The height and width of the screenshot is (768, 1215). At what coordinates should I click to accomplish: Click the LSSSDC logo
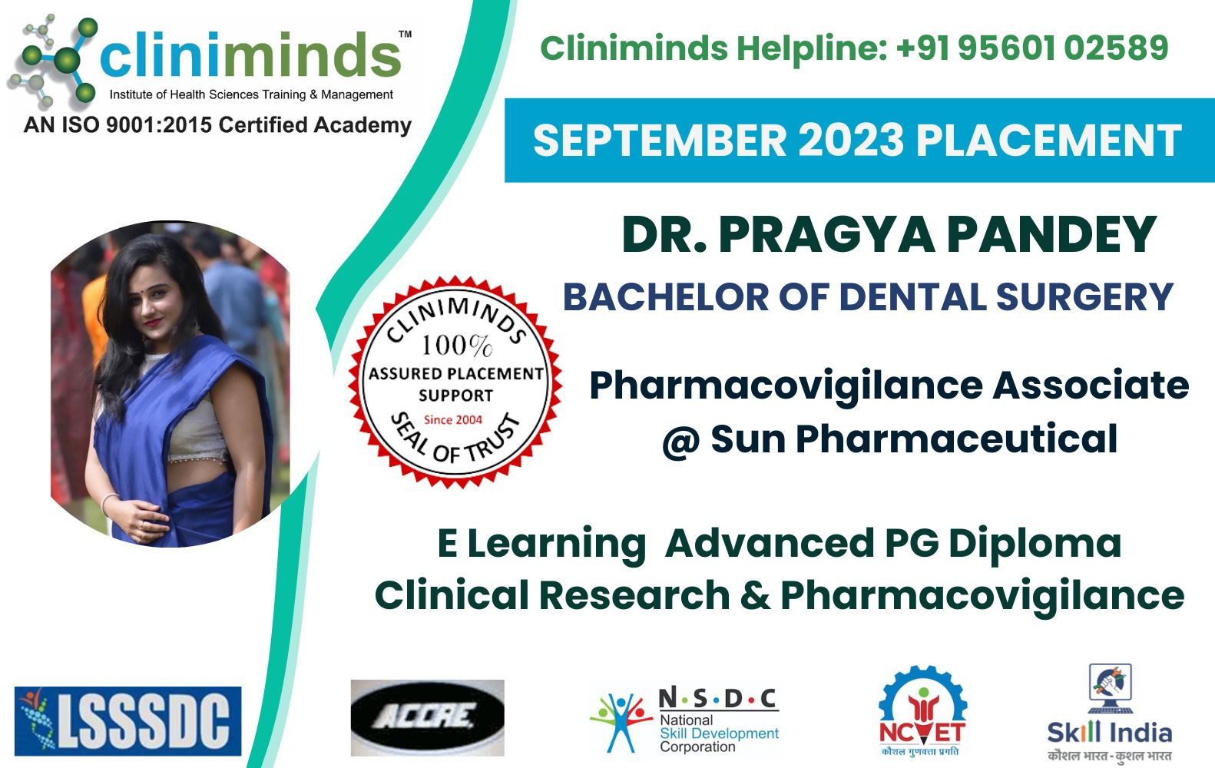[127, 721]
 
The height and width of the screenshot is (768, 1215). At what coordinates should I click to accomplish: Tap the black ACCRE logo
[427, 717]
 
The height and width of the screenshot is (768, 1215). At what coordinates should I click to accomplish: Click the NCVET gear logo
[922, 710]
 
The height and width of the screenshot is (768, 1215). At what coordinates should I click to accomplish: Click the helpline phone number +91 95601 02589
[1032, 48]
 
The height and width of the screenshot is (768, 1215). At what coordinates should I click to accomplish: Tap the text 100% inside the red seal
[455, 346]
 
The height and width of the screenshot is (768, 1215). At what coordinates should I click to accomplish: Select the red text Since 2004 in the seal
[453, 419]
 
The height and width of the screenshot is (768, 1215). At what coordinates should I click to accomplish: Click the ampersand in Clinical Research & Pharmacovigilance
[755, 596]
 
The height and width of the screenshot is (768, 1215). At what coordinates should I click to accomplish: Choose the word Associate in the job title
[1091, 386]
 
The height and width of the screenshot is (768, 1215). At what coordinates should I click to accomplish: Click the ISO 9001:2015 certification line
[217, 124]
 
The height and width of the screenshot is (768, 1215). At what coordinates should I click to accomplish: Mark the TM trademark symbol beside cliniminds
[405, 34]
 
